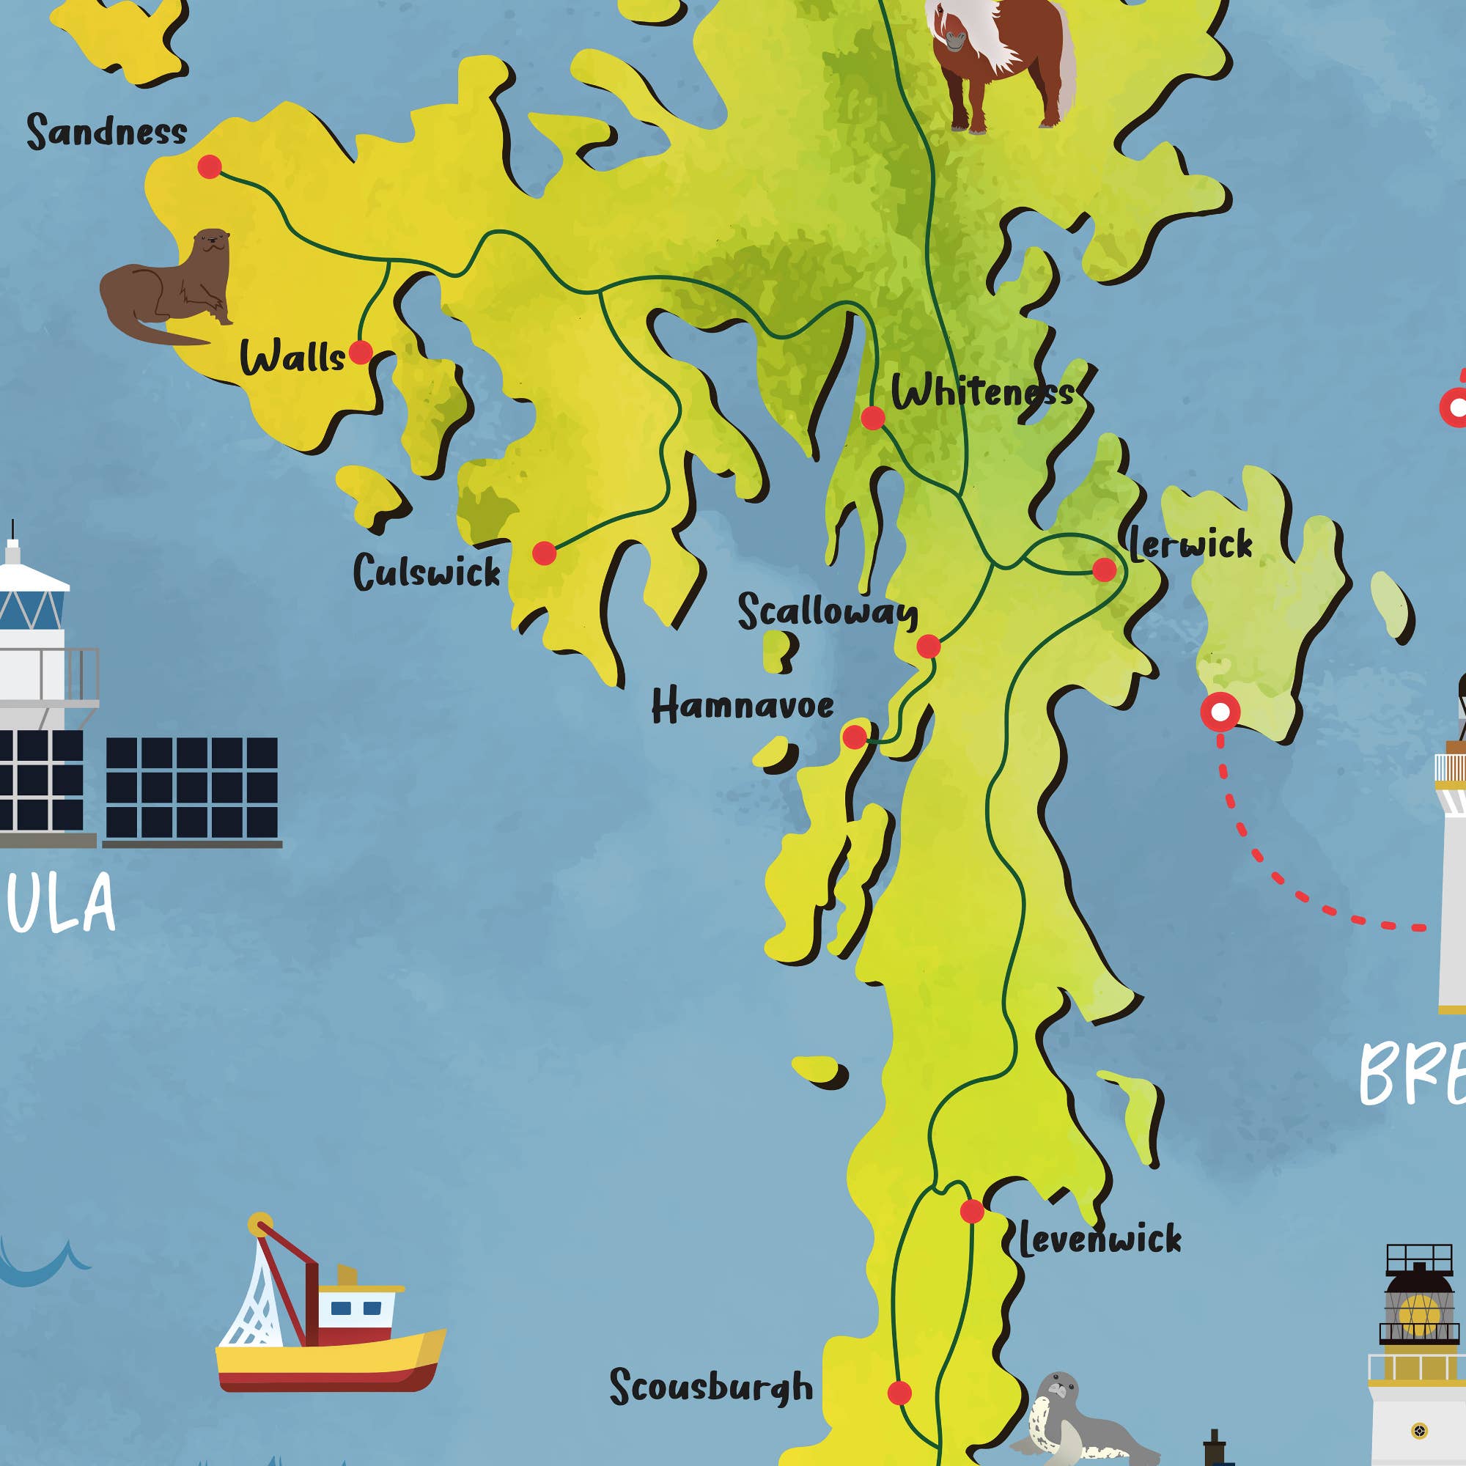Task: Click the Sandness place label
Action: (x=106, y=130)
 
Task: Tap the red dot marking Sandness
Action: (x=210, y=166)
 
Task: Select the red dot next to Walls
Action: (x=361, y=352)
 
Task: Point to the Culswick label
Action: (x=427, y=572)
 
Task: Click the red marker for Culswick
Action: (x=544, y=553)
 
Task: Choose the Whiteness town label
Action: (x=983, y=392)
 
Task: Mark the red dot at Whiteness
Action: (x=872, y=417)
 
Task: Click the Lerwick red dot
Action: (x=1104, y=569)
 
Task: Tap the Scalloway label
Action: (x=827, y=611)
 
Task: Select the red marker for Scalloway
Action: (x=928, y=647)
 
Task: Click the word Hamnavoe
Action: (x=742, y=706)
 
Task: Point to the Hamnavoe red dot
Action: (x=855, y=736)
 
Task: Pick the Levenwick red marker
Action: (x=971, y=1211)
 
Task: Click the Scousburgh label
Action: (x=711, y=1386)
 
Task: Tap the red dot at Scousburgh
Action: (x=899, y=1393)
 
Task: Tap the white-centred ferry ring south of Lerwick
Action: (x=1220, y=712)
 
